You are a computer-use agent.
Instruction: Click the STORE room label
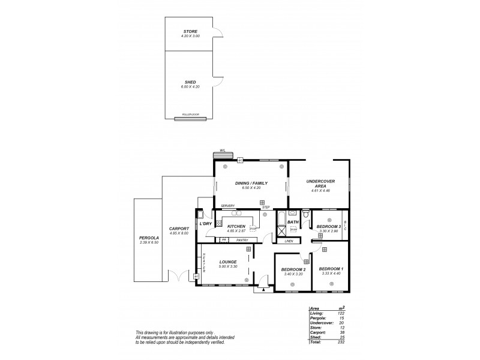190,31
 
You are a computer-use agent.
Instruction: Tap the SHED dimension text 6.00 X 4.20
190,87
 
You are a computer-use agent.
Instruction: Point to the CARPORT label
179,229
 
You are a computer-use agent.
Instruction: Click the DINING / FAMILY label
252,183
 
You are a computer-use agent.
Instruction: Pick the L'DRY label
205,224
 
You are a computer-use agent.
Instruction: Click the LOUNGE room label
227,262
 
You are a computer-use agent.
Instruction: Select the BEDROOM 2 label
293,269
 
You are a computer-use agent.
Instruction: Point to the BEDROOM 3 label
329,226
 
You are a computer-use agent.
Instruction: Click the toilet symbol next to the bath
305,215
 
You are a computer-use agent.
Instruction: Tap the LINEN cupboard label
289,241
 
